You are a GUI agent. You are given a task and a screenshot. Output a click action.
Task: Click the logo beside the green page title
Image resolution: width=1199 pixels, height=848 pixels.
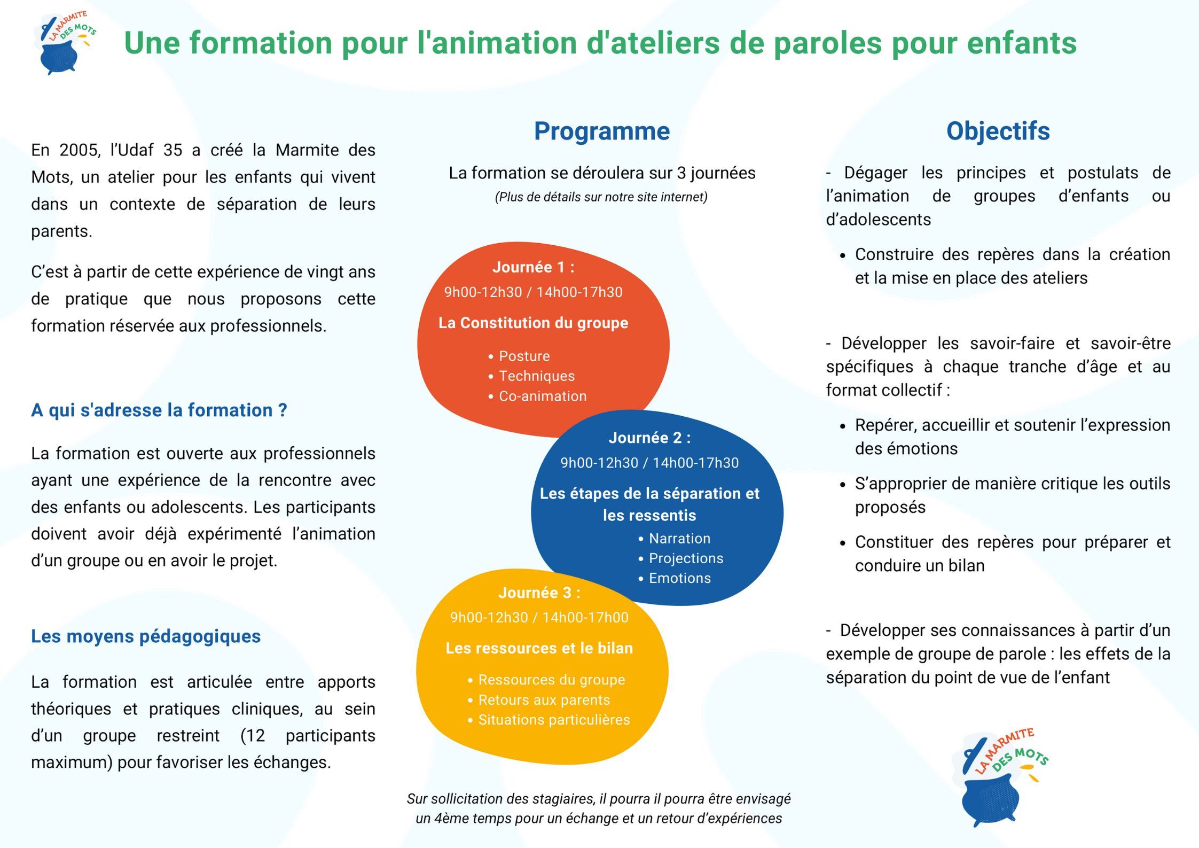(66, 43)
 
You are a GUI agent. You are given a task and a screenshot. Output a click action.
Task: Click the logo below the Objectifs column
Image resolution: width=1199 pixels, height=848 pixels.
(999, 777)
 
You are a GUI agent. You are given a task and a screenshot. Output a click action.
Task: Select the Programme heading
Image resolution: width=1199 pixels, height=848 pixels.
(602, 131)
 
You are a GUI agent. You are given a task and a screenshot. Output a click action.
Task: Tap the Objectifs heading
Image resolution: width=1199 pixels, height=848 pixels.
(998, 131)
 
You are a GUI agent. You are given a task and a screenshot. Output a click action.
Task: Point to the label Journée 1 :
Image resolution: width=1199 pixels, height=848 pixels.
(533, 267)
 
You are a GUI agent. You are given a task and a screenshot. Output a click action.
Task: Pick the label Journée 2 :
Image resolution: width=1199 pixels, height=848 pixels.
(649, 438)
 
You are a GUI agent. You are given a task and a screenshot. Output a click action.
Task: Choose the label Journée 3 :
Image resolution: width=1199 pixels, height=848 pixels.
(539, 593)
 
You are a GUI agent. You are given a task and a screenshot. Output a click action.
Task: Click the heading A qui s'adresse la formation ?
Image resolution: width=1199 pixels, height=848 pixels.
(159, 410)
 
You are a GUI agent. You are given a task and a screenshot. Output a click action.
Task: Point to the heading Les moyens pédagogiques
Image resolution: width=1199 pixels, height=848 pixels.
(146, 636)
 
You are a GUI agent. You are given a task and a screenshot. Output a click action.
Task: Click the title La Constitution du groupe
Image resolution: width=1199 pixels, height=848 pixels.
(533, 323)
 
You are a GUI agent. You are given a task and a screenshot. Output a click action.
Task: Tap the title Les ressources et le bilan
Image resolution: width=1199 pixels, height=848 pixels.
(539, 648)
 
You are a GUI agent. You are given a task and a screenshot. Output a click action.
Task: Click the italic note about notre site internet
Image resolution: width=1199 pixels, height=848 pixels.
(601, 197)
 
